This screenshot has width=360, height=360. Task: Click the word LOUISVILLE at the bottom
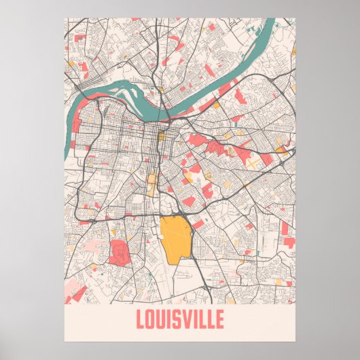coord(179,319)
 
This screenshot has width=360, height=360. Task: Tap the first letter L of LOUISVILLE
coord(141,319)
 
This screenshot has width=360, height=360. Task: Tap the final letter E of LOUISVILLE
coord(218,319)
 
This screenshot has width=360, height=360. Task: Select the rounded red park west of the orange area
coord(119,251)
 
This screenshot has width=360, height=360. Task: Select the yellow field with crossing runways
coord(253,163)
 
